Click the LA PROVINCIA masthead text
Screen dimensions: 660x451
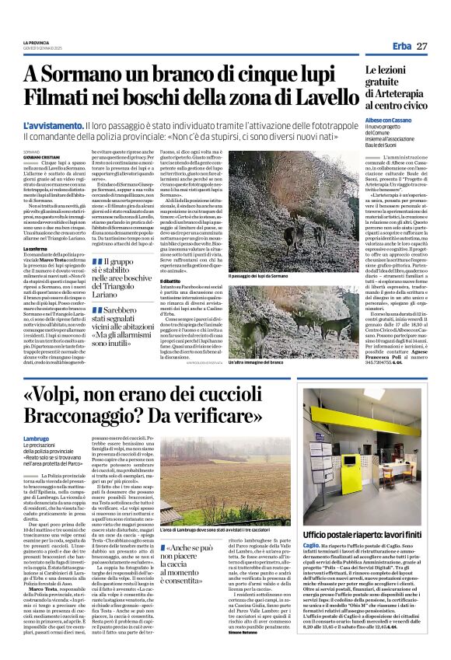36,42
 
